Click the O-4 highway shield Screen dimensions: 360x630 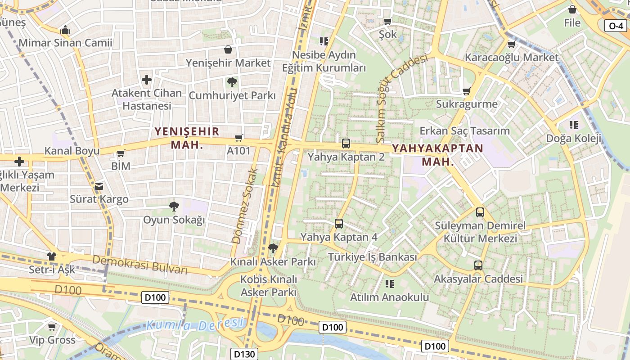616,26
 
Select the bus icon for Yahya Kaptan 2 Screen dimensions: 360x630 346,144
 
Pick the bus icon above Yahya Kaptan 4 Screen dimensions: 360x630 339,223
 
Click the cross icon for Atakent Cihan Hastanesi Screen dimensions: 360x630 147,80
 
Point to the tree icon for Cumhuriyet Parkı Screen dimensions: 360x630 232,82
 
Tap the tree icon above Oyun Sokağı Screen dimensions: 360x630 174,207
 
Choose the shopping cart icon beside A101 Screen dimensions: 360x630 238,138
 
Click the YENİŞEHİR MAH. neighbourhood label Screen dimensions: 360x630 187,138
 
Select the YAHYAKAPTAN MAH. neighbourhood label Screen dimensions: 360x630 437,155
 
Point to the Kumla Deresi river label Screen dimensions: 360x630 194,324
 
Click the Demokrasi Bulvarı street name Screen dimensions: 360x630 140,265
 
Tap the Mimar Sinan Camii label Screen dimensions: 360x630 66,43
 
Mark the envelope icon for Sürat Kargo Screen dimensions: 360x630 99,186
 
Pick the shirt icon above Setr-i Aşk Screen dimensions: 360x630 52,256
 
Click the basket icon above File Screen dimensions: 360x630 572,9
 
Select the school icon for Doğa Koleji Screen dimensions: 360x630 574,125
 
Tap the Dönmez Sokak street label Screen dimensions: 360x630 245,206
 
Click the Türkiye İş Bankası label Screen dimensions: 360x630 373,257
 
